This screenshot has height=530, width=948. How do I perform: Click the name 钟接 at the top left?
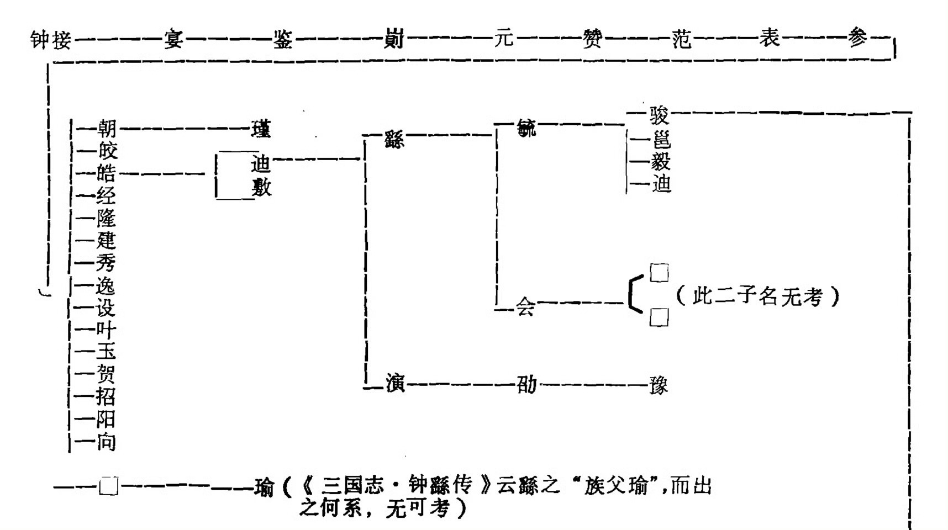[x=50, y=40]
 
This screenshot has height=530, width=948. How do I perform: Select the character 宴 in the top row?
[x=173, y=40]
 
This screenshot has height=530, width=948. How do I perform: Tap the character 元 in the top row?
[x=504, y=39]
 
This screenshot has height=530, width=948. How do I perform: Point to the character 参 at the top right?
[x=857, y=38]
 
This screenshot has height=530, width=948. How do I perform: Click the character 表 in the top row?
[x=769, y=38]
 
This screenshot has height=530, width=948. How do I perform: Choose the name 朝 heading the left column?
[x=107, y=129]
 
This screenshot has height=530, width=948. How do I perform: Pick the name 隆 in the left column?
[x=106, y=218]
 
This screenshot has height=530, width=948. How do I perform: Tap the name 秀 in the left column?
[x=106, y=263]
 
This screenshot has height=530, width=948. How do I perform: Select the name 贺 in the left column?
[x=106, y=374]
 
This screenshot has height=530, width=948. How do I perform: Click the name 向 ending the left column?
[x=106, y=442]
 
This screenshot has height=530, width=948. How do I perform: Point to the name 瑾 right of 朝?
[x=261, y=130]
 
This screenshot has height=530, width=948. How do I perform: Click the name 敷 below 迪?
[x=261, y=188]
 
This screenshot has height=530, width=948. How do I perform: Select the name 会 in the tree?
[x=525, y=307]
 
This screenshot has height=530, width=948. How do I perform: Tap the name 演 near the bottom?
[x=395, y=383]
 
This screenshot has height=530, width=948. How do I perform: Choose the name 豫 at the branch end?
[x=659, y=385]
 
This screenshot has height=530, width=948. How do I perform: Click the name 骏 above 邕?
[x=659, y=116]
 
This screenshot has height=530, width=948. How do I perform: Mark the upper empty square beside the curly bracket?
[x=659, y=273]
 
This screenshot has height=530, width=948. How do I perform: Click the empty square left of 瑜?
[x=108, y=486]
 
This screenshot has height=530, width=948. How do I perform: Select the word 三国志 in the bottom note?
[x=352, y=486]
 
